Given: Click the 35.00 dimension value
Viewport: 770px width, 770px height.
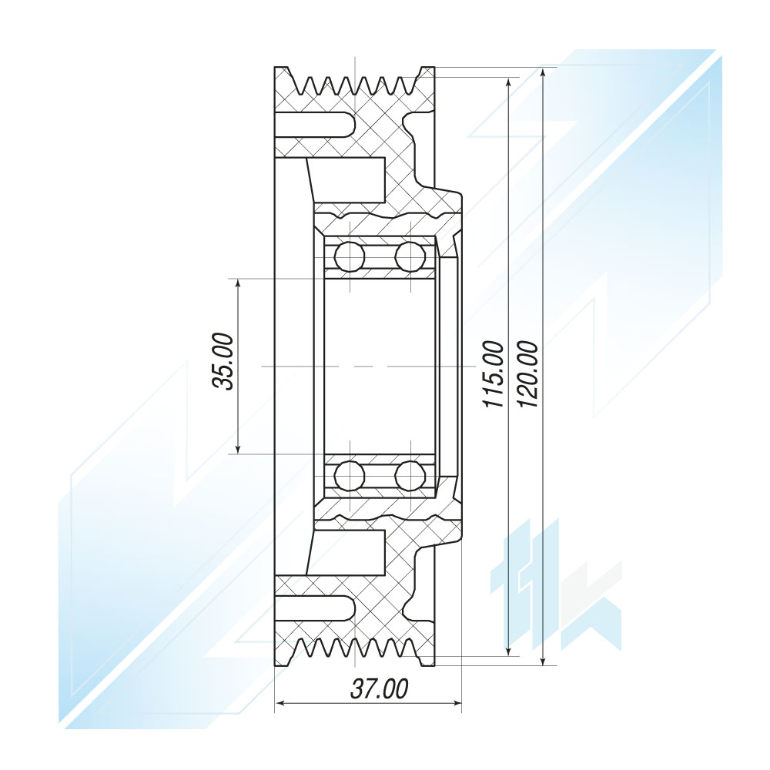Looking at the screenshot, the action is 223,361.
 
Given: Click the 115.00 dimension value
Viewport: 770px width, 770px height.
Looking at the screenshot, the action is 494,374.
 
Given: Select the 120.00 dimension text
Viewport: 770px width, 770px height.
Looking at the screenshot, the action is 528,374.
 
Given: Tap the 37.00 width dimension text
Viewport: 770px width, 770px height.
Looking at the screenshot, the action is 379,689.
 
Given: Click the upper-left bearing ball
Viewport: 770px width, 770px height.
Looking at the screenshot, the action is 349,256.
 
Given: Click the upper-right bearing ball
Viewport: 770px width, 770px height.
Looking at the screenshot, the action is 410,256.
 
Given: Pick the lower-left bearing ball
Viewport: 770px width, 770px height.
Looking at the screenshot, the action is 349,475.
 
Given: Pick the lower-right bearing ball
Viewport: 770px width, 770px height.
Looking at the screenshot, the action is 410,475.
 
